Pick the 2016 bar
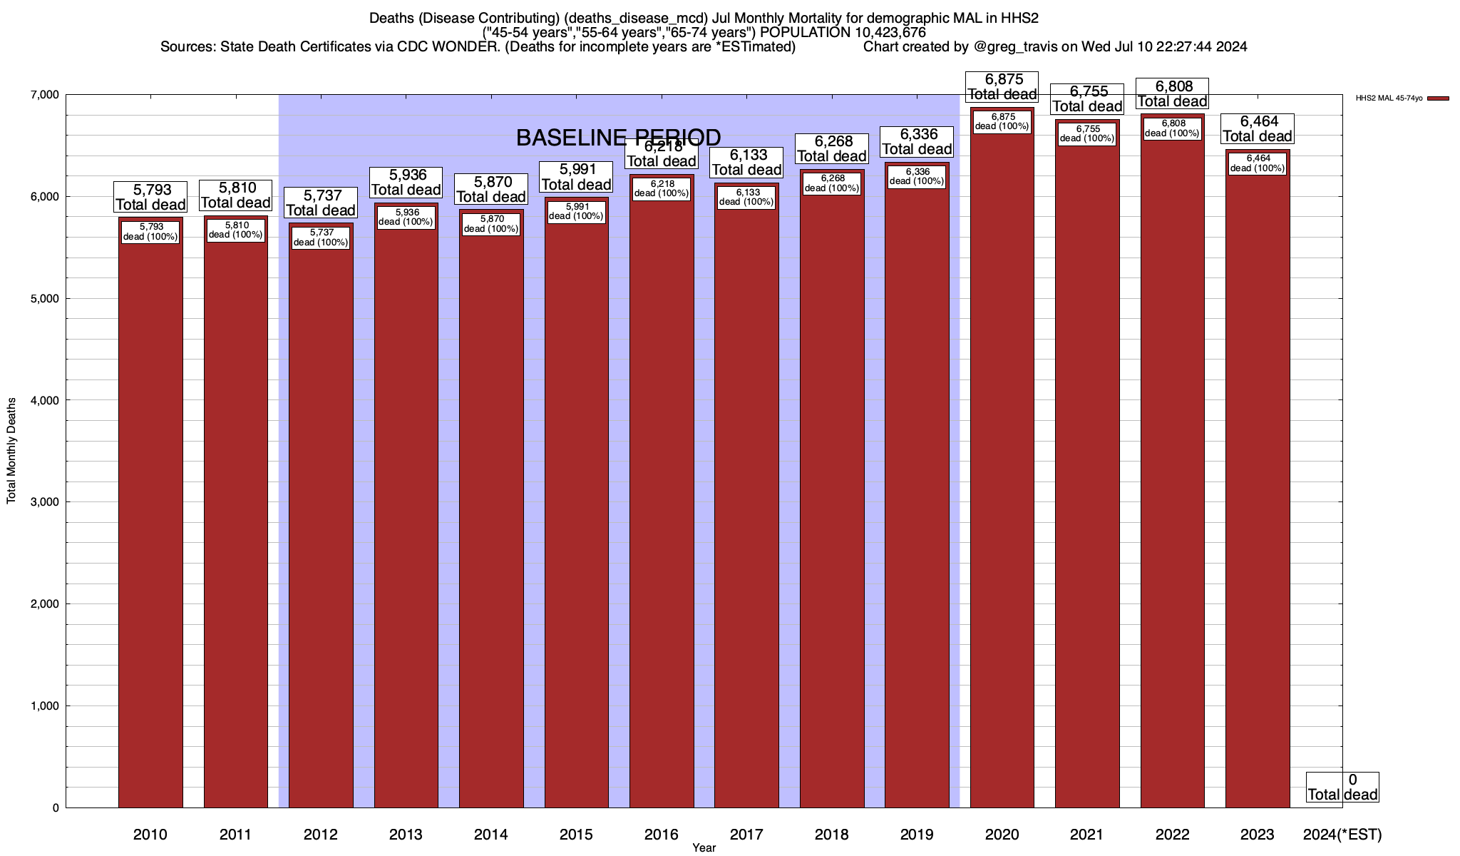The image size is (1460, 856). pos(662,499)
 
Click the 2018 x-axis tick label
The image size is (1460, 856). pos(832,835)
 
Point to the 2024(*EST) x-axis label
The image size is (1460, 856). pos(1342,835)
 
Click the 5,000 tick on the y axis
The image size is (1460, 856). pos(44,299)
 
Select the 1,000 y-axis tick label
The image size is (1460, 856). pos(44,706)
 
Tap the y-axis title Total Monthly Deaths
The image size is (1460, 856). pos(11,451)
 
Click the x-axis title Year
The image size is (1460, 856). pos(704,848)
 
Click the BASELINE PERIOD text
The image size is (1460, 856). pos(618,138)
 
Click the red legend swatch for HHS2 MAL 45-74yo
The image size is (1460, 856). pos(1438,98)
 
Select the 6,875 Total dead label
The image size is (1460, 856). pos(1002,87)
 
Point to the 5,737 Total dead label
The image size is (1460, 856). pos(321,203)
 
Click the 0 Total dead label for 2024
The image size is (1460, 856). pos(1342,788)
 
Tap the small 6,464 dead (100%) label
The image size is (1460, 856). pos(1258,163)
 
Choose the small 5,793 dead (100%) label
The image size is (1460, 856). pos(150,232)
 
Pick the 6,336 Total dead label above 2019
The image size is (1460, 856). pos(917,142)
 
